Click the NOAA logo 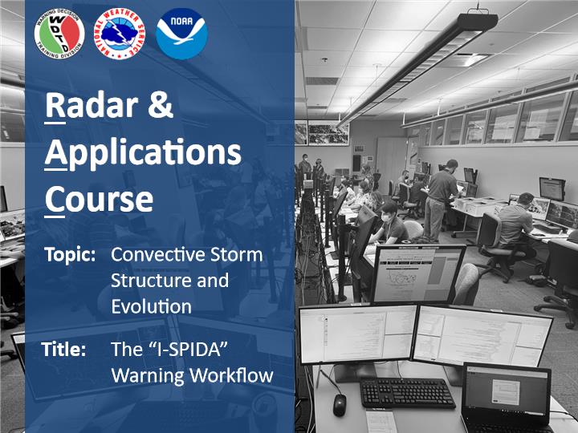tap(181, 34)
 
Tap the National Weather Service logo tap(120, 34)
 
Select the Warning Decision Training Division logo tap(59, 34)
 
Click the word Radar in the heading tap(92, 106)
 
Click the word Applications tap(143, 154)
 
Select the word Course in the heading tap(99, 199)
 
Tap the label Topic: tap(70, 254)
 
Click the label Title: tap(63, 349)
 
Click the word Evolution tap(152, 306)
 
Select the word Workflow tap(232, 375)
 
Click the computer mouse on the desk tap(340, 405)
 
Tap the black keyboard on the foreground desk tap(407, 392)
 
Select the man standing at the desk tap(440, 200)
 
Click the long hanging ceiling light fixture tap(417, 69)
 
